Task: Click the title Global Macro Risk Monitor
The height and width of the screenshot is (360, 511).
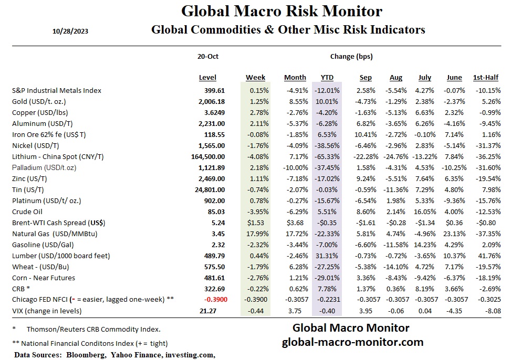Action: [281, 11]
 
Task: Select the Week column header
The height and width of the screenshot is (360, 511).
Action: [255, 78]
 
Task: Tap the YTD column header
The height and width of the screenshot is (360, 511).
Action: [327, 78]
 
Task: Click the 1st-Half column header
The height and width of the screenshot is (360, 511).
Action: [485, 78]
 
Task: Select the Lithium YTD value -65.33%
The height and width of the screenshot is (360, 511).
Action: [327, 156]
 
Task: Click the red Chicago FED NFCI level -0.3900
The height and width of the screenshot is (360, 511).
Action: [212, 300]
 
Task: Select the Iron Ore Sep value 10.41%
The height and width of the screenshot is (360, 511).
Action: [366, 134]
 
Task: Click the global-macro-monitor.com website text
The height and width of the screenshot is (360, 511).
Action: [352, 342]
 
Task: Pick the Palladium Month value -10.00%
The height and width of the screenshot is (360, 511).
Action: [294, 167]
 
